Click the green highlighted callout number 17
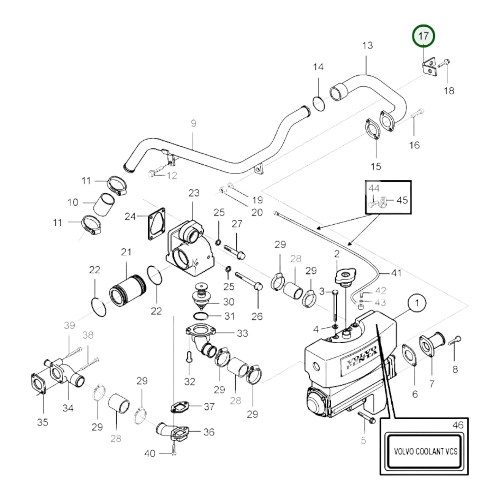tap(423, 36)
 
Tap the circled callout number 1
tap(417, 303)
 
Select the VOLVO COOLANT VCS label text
tap(425, 451)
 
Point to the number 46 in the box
tap(458, 425)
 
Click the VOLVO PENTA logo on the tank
tap(359, 358)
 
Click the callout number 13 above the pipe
tap(367, 45)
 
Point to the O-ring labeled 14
tap(319, 104)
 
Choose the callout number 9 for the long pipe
tap(193, 123)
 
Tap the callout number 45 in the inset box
tap(402, 200)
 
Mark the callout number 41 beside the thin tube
tap(396, 273)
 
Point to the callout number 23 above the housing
tap(194, 193)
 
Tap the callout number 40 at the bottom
tap(149, 453)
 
